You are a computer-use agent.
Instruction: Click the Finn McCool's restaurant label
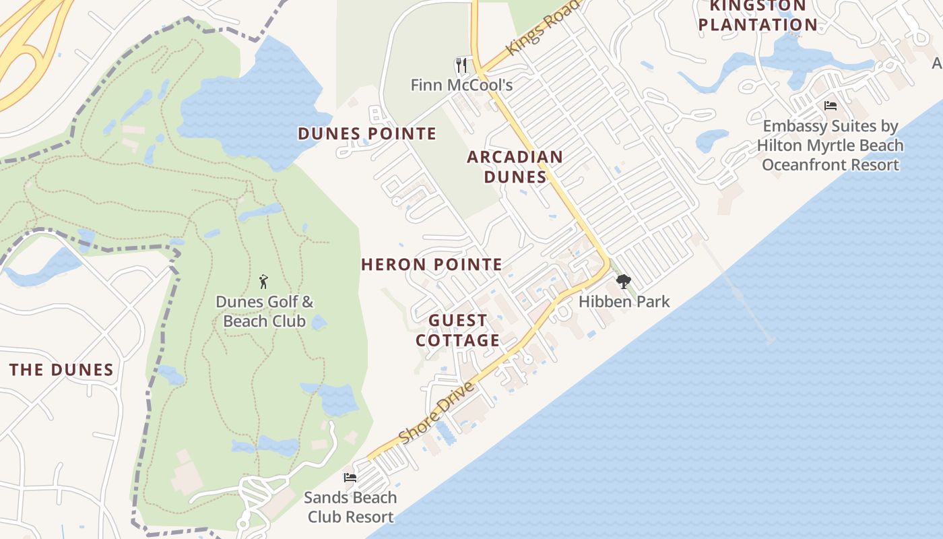(x=461, y=85)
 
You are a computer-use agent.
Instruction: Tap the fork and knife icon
(x=461, y=65)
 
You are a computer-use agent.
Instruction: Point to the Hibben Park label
(x=624, y=301)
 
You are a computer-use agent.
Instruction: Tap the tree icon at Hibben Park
(x=624, y=282)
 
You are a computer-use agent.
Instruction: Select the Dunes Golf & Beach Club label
(x=264, y=311)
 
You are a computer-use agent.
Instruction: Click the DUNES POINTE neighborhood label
(x=367, y=133)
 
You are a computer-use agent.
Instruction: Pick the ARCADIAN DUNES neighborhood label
(x=515, y=166)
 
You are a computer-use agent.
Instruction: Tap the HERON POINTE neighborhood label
(x=432, y=264)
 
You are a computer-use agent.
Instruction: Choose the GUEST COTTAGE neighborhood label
(x=457, y=330)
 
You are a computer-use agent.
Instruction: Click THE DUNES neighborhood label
(x=61, y=369)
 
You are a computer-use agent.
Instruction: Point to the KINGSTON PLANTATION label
(x=758, y=16)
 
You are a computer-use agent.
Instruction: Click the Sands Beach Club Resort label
(x=350, y=507)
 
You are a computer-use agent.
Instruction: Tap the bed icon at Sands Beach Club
(x=350, y=478)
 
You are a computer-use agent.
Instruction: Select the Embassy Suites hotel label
(x=830, y=145)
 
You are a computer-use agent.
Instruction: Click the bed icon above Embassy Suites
(x=831, y=106)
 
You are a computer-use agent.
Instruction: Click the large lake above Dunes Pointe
(x=256, y=101)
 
